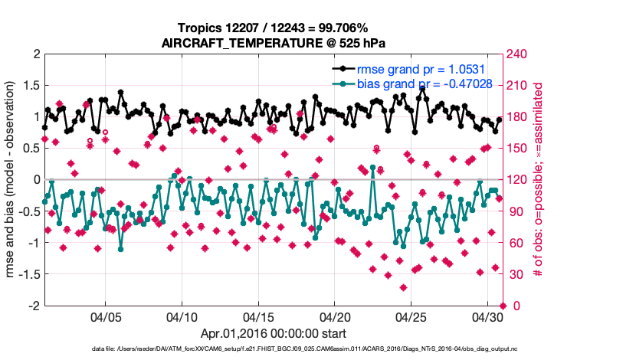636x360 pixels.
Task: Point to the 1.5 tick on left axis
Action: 31,86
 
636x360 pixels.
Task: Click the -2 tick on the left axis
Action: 34,306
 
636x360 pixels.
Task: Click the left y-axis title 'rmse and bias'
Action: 15,180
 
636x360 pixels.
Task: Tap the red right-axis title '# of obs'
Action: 539,180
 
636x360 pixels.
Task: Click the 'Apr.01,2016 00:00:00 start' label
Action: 273,333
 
